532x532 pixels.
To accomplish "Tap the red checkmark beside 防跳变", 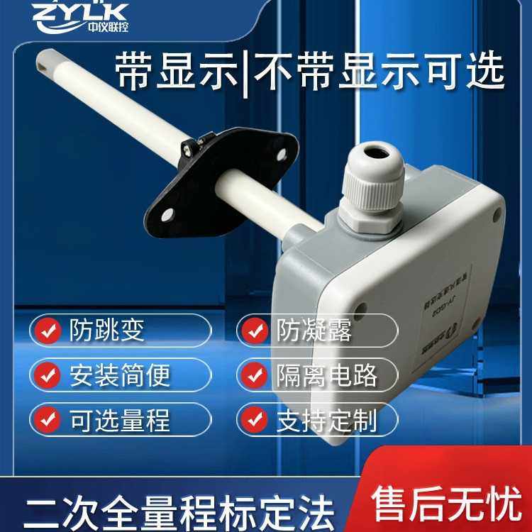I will tap(48, 331).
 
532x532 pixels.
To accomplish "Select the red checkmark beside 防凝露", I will tap(255, 331).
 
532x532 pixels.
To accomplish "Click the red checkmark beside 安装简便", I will tap(48, 375).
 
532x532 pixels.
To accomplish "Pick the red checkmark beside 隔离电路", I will tap(255, 375).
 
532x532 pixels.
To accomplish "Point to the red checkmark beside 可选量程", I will tap(48, 420).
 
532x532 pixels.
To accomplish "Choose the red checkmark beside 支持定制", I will tap(255, 420).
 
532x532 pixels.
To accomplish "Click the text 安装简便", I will tap(120, 375).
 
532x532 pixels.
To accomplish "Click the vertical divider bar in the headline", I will tap(245, 72).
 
